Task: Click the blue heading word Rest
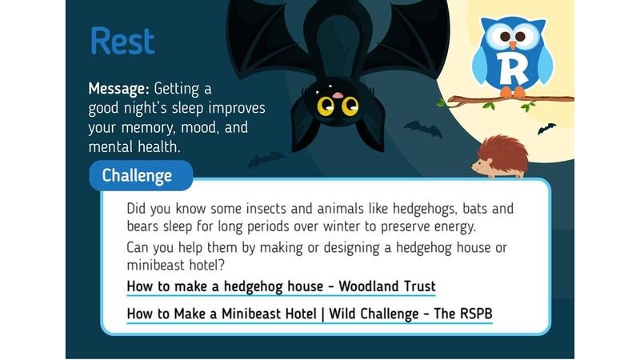click(x=122, y=41)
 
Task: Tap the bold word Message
click(x=118, y=89)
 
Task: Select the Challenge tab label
click(x=137, y=175)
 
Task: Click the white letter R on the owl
click(x=513, y=69)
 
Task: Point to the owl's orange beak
click(x=512, y=45)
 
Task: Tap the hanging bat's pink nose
click(x=338, y=95)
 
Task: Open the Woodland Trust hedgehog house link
click(x=282, y=286)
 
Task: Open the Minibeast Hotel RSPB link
click(x=310, y=314)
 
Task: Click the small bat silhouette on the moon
click(x=546, y=129)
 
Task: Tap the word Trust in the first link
click(x=420, y=286)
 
